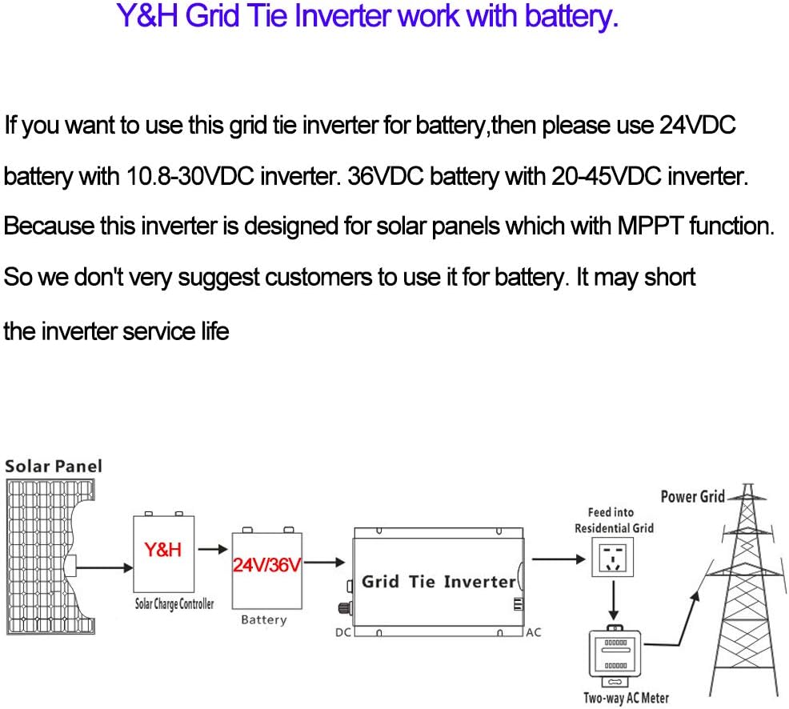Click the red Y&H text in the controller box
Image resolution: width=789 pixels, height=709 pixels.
[x=163, y=551]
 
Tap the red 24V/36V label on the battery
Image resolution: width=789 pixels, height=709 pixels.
[x=266, y=567]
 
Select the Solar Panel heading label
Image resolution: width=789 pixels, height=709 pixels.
[x=54, y=466]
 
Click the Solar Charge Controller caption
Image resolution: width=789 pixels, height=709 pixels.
[x=174, y=603]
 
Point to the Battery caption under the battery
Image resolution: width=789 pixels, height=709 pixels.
[x=263, y=620]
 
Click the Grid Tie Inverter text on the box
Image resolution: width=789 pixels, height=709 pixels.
[x=439, y=582]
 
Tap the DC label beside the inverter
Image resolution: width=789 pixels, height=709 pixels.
[x=342, y=632]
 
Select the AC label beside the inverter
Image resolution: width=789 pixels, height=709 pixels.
[x=533, y=632]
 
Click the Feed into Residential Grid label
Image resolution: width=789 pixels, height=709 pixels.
[x=614, y=520]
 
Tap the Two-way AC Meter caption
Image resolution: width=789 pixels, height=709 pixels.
[x=626, y=699]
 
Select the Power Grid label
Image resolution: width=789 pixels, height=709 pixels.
[x=692, y=497]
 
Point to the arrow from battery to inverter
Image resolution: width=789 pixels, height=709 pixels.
[x=324, y=563]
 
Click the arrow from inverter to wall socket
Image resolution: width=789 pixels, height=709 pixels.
[x=559, y=559]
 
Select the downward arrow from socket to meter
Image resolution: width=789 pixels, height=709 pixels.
[x=612, y=601]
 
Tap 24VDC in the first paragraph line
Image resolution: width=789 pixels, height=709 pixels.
[x=695, y=126]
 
